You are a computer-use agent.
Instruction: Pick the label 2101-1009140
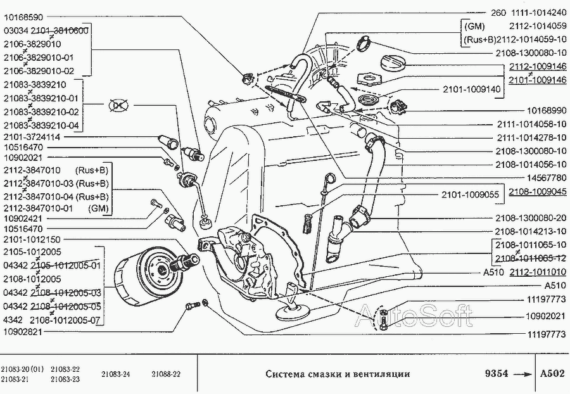[x=471, y=89]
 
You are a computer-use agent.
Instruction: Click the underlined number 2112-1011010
[x=538, y=272]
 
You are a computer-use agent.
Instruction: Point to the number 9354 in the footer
[x=497, y=374]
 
